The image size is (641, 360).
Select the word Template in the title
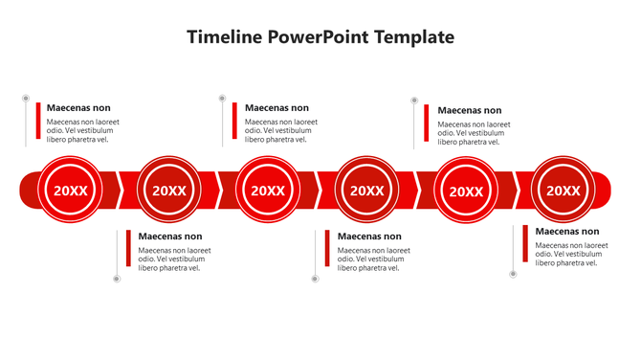tap(409, 37)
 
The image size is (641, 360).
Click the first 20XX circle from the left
tap(70, 191)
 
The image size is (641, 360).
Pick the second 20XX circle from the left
tap(169, 191)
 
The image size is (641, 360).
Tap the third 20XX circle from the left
tap(268, 191)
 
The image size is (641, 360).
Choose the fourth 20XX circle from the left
tap(366, 191)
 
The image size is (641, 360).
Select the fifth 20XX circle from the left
tap(466, 191)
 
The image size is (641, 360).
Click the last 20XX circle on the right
tap(564, 191)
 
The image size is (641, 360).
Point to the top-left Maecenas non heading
tap(78, 108)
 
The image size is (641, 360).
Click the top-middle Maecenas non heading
tap(276, 108)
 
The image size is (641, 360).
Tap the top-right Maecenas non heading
tap(469, 110)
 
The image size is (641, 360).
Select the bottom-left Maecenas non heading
tap(170, 236)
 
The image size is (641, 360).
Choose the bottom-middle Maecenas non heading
tap(369, 236)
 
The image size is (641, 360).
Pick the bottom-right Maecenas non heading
tap(567, 232)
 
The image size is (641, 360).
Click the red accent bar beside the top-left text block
tap(38, 122)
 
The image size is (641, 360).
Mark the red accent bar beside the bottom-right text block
tap(525, 243)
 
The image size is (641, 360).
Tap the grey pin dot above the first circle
tap(26, 98)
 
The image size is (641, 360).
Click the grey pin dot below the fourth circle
tap(315, 279)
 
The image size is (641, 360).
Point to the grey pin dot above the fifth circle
tap(414, 100)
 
